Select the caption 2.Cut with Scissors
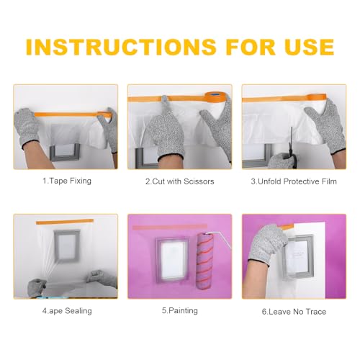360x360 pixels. (179, 181)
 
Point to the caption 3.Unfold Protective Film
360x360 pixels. (294, 181)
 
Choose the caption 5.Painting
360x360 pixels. (179, 310)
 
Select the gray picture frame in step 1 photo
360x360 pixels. (70, 151)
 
